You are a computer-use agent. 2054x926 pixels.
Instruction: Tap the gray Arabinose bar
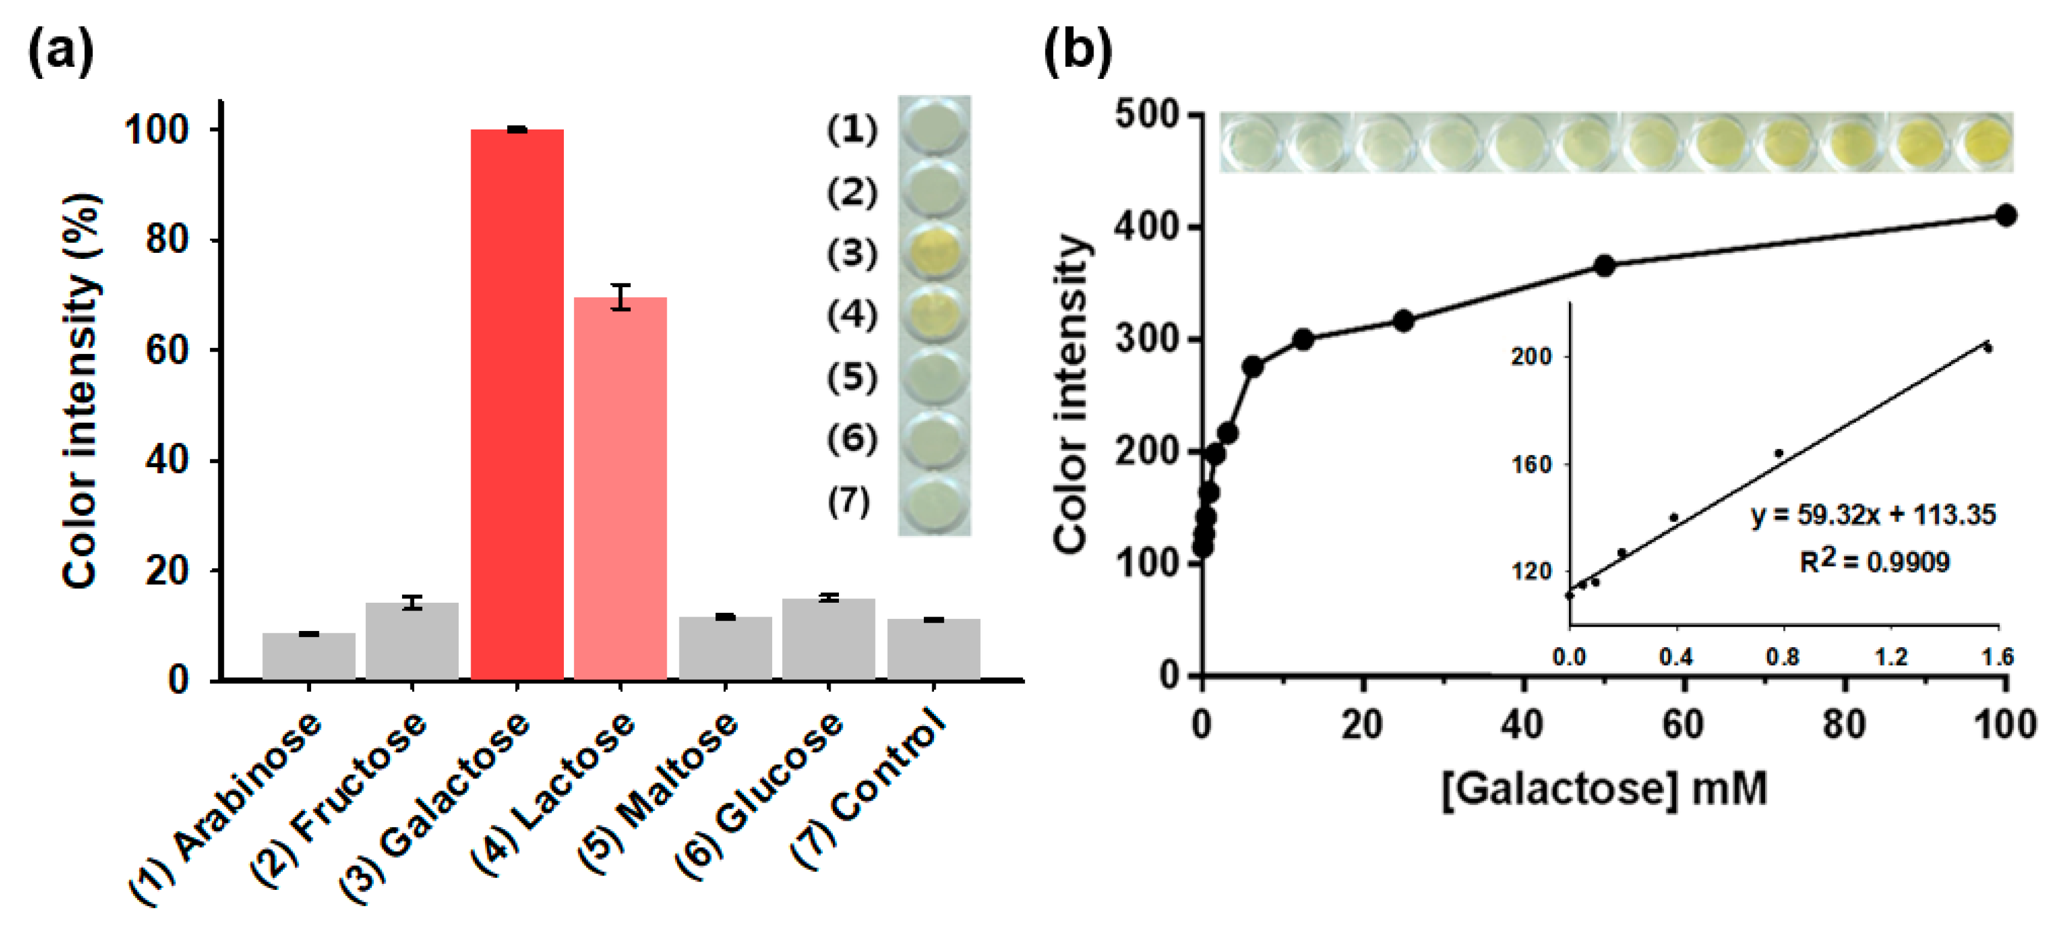[309, 656]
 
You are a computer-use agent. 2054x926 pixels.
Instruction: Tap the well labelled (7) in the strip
[933, 503]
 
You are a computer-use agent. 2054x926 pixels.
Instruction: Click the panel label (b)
[1077, 52]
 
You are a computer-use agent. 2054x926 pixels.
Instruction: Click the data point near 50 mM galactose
[1604, 266]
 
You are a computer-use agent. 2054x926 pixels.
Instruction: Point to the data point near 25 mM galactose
[1403, 322]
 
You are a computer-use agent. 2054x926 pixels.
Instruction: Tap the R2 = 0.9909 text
[1874, 562]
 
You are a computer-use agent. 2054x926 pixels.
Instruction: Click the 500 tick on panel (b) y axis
[1146, 115]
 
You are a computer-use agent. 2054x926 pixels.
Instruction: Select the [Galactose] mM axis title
[1604, 789]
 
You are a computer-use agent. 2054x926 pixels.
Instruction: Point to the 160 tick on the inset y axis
[1532, 464]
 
